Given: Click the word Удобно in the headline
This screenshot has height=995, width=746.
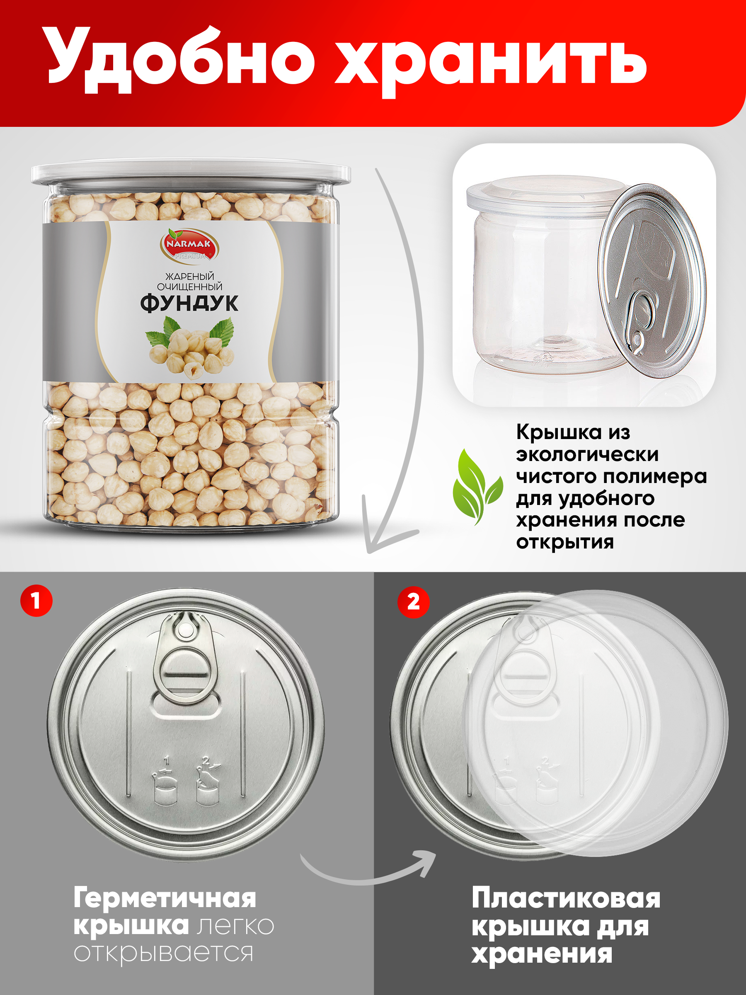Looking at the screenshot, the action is tap(181, 60).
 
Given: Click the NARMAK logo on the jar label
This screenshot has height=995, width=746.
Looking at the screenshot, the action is tap(190, 245).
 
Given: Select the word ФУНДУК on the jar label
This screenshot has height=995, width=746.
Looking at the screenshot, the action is tap(189, 303).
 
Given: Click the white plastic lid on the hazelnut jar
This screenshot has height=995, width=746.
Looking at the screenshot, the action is tap(191, 173).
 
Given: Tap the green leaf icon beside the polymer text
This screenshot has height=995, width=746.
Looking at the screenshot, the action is tap(477, 487).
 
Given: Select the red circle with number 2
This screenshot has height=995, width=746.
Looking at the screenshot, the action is tap(413, 602).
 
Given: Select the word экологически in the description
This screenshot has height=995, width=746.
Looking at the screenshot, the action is tap(587, 455).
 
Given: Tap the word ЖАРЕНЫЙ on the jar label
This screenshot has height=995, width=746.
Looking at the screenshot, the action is tap(190, 276).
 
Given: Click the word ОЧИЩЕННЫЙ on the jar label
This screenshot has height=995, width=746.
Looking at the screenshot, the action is tap(190, 286).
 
